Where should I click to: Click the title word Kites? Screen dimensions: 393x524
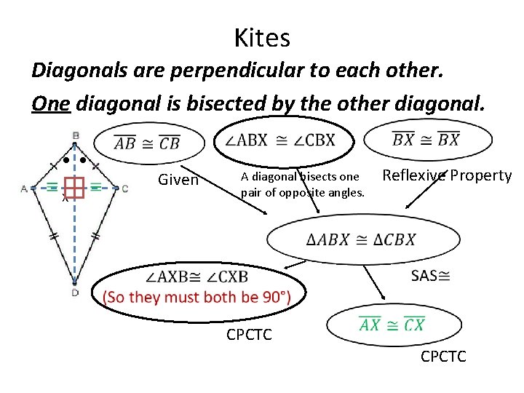tap(262, 38)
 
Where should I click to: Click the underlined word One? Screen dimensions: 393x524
tap(51, 104)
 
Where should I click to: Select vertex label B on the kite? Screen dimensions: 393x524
tap(76, 135)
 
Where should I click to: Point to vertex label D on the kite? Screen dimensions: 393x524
tap(75, 293)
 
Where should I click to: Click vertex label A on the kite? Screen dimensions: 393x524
tap(24, 188)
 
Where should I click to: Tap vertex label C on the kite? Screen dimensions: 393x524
tap(125, 188)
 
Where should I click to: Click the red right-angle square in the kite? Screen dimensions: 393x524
tap(74, 188)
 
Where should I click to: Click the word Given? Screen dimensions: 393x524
tap(178, 180)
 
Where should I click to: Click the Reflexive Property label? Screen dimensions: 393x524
tap(447, 175)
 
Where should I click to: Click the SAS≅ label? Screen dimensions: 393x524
tap(430, 275)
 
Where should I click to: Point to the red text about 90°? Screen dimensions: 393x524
tap(196, 297)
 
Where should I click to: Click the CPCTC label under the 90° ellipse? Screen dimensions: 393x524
tap(250, 336)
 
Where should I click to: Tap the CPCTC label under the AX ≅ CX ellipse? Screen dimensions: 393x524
tap(444, 357)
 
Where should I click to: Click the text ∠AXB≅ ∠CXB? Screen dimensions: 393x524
tap(196, 277)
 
